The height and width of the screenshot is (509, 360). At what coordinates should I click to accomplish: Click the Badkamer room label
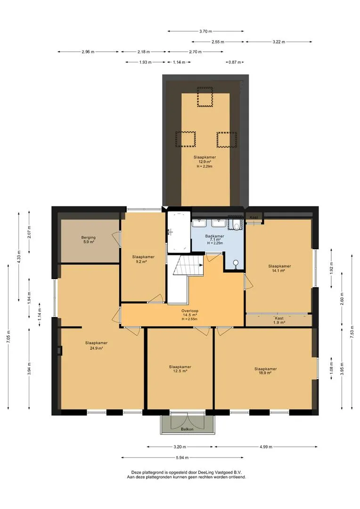(x=214, y=239)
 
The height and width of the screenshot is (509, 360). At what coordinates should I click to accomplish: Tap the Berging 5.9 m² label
(x=88, y=239)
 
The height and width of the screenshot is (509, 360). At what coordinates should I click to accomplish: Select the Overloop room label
(x=190, y=315)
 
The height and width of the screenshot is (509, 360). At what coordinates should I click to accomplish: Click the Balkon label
(x=188, y=429)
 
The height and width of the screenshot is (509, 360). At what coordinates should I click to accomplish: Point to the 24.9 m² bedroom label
(x=97, y=345)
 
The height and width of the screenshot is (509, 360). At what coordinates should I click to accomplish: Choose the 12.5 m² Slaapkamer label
(x=180, y=369)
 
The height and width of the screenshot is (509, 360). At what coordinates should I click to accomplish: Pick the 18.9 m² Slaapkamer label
(x=266, y=371)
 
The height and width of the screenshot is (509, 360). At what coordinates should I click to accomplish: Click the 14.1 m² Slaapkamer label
(x=279, y=268)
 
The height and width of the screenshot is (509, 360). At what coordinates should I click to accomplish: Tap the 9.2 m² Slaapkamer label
(x=143, y=259)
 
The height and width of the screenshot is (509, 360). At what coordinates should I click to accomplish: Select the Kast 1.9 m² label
(x=279, y=320)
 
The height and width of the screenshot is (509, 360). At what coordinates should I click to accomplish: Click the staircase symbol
(x=188, y=265)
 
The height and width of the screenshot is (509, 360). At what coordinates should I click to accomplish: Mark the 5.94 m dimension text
(x=182, y=458)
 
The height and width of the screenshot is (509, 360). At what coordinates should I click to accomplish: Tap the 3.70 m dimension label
(x=205, y=31)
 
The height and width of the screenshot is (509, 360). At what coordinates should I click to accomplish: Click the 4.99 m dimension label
(x=266, y=447)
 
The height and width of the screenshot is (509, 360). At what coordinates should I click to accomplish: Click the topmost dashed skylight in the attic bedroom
(x=205, y=97)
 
